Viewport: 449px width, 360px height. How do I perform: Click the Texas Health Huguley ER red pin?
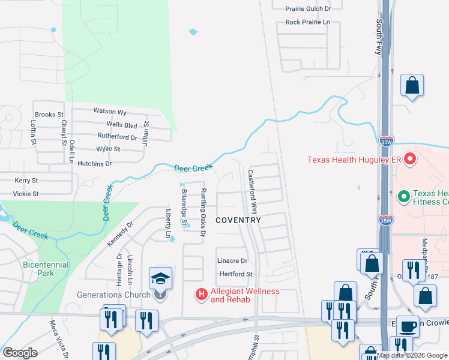click(x=410, y=160)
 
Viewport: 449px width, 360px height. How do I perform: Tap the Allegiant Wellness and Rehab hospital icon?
click(x=202, y=295)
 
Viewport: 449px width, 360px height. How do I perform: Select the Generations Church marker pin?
click(x=160, y=295)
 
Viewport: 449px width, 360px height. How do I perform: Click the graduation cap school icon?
click(x=161, y=278)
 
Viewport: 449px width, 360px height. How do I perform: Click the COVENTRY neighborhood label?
click(x=238, y=220)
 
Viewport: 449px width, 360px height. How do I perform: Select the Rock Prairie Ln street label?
click(x=308, y=22)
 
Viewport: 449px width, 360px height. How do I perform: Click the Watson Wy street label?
click(x=110, y=112)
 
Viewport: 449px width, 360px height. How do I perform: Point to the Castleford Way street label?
click(x=253, y=192)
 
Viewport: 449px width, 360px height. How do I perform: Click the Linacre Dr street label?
click(x=232, y=261)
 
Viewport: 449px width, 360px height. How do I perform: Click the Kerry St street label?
click(x=26, y=180)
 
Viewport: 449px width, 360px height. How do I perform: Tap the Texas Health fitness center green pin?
click(x=404, y=196)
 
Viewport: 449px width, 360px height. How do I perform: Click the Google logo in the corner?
click(x=19, y=352)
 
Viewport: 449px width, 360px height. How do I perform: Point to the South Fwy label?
click(x=380, y=37)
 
